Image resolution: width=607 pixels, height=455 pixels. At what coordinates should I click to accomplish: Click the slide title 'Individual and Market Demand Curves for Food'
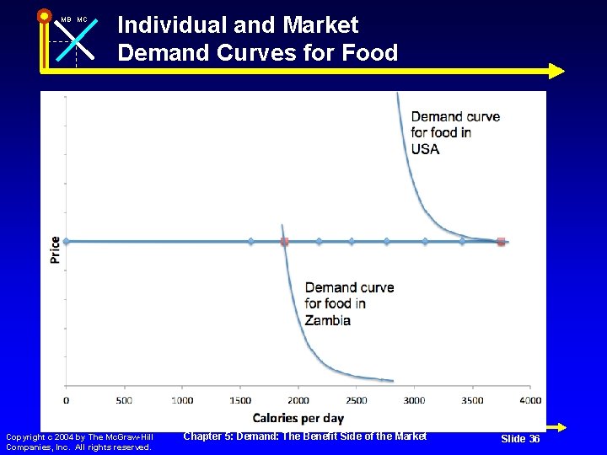coord(257,39)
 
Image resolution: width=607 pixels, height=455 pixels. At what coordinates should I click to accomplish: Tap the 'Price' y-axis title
coord(55,249)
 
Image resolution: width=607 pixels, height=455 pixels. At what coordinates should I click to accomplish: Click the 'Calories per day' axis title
coord(298,418)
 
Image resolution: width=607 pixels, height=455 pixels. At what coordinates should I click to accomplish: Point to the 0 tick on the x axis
coord(67,400)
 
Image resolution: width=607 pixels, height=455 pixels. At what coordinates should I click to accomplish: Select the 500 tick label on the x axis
coord(124,400)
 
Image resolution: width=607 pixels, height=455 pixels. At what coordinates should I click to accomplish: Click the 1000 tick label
coord(182,400)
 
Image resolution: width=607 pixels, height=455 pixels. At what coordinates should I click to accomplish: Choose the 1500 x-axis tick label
coord(240,400)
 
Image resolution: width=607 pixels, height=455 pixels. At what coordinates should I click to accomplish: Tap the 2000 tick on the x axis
coord(298,400)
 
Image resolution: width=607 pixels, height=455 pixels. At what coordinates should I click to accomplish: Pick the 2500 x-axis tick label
coord(357,400)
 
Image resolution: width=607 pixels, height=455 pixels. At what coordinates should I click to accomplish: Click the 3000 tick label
coord(414,400)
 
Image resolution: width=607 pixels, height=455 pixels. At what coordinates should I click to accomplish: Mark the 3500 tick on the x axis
coord(472,400)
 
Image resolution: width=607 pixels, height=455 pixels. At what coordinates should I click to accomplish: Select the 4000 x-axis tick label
coord(530,400)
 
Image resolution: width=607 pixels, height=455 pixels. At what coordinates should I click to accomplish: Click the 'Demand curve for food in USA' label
coord(454,132)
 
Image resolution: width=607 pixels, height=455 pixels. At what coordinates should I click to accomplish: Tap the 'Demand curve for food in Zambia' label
coord(349,303)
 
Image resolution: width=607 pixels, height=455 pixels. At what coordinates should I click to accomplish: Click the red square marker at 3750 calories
coord(501,242)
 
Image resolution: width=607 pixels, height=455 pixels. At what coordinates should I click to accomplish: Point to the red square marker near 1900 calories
coord(284,242)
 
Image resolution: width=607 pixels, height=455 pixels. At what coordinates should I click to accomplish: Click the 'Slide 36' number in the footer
coord(520,439)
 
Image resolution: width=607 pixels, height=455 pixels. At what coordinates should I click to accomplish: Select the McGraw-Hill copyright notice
coord(79,442)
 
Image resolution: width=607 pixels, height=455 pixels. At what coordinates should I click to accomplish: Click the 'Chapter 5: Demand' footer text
coord(304,436)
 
